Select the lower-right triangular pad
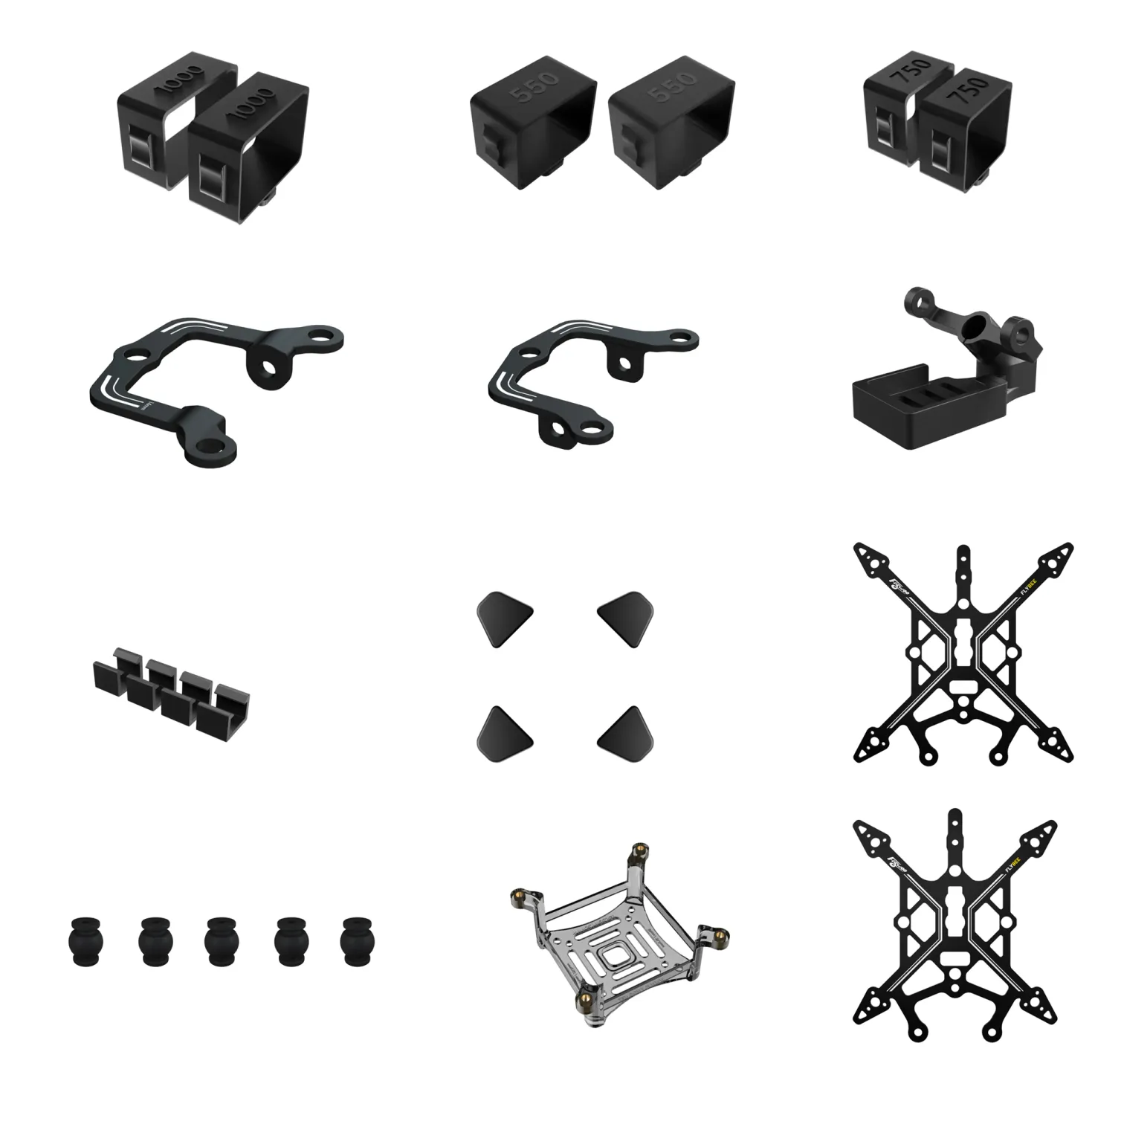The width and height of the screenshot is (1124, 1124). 622,733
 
